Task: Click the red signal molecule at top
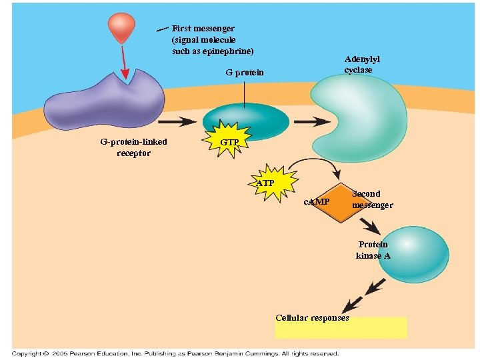tap(123, 27)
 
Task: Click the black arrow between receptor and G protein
tap(177, 122)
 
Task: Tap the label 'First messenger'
tap(203, 29)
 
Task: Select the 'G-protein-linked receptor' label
tap(134, 147)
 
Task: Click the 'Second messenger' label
tap(372, 199)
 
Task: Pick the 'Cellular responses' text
tap(312, 318)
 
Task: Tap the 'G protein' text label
tap(244, 72)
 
